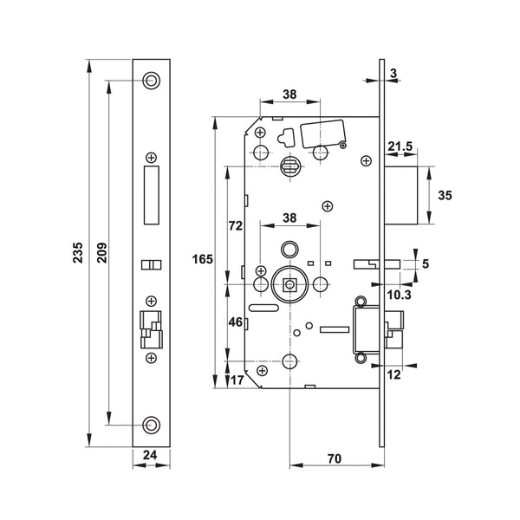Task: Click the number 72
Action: pos(234,225)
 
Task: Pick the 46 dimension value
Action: pos(234,322)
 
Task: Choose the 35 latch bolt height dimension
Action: pos(445,196)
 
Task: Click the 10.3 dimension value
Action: pos(400,296)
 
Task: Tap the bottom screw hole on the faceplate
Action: pos(153,424)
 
